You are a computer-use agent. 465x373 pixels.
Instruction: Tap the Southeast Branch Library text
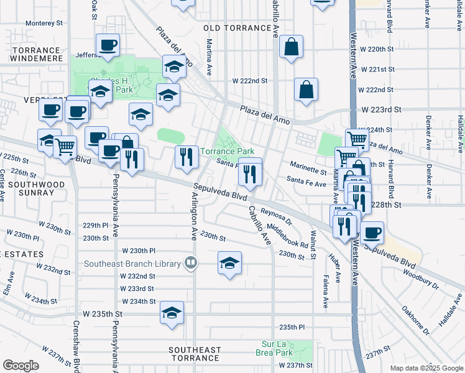point(135,263)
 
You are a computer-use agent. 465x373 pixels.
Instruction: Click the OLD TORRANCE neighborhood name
point(239,29)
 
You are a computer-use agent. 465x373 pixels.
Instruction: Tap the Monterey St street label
point(45,23)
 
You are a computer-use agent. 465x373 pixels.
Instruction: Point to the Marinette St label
point(306,172)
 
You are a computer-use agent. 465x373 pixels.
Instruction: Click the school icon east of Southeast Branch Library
point(229,262)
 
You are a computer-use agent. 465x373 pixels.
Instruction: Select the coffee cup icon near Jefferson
point(108,45)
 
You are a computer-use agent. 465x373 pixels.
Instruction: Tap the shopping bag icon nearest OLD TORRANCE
point(291,47)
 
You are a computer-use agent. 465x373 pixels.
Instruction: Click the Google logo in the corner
point(21,366)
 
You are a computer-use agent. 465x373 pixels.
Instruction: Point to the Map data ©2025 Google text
point(426,368)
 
